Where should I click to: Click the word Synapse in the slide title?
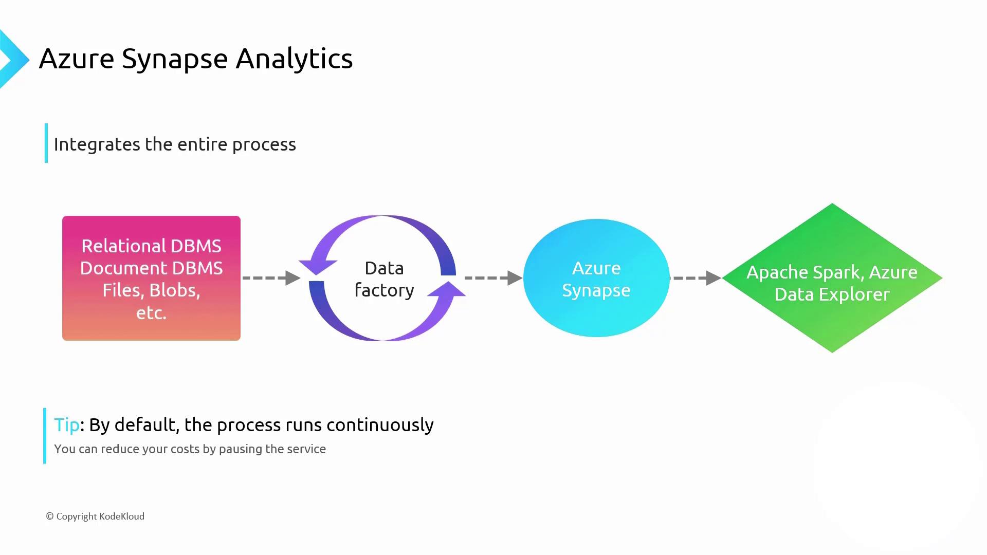tap(174, 59)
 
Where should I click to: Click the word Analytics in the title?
tap(294, 59)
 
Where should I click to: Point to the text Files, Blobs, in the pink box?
tap(151, 290)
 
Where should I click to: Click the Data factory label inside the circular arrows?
tap(384, 279)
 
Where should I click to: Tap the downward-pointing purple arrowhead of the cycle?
tap(318, 266)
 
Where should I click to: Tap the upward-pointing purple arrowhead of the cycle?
tap(446, 291)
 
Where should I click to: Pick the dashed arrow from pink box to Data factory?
tap(271, 278)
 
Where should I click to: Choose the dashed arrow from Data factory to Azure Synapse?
tap(493, 278)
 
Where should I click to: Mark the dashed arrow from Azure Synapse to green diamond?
tap(696, 278)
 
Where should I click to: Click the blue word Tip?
tap(67, 425)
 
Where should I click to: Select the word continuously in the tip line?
tap(380, 425)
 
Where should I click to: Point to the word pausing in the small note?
tap(238, 449)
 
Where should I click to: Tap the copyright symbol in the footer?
tap(50, 516)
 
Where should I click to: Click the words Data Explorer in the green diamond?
tap(832, 294)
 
